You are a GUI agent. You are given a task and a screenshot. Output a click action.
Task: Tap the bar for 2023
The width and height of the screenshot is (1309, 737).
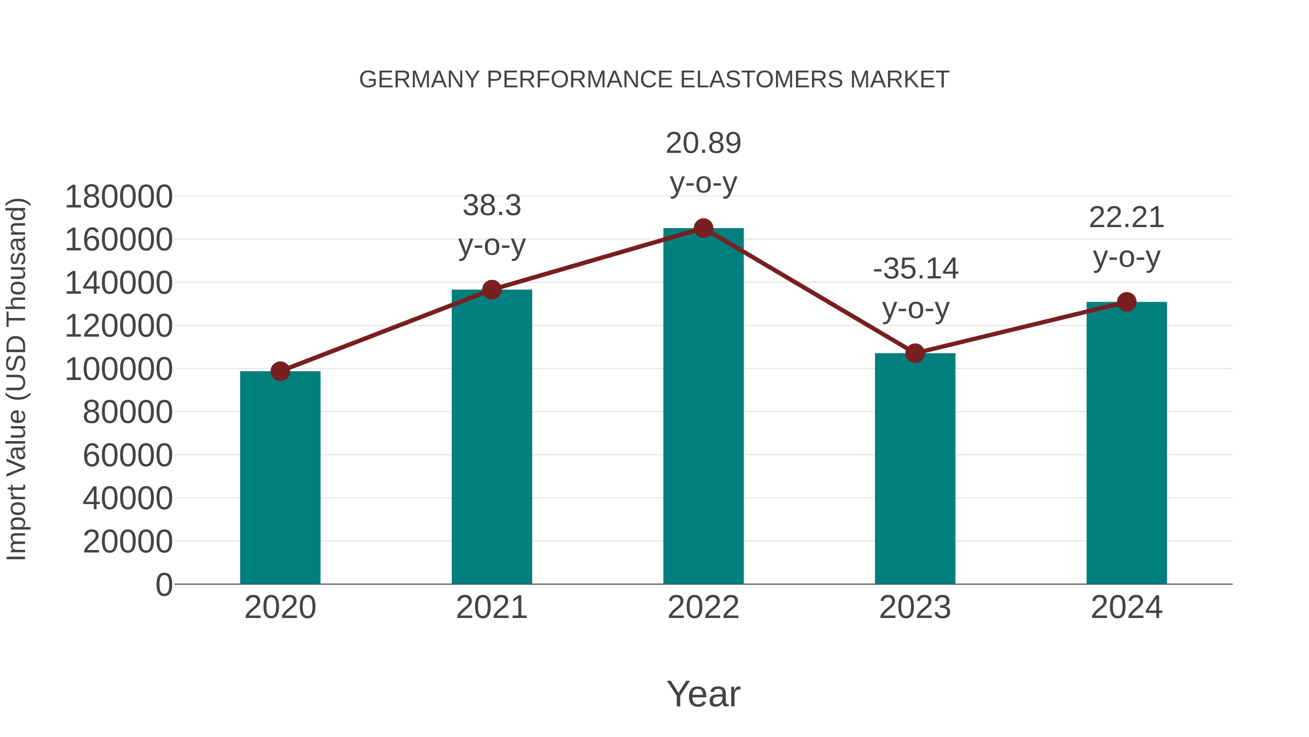point(915,468)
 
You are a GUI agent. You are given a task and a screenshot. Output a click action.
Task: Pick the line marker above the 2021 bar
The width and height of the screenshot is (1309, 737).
point(492,290)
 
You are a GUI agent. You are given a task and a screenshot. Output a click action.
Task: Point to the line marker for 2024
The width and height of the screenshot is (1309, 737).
point(1126,302)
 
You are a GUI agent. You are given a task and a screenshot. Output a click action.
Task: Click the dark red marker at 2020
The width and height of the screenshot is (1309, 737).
point(280,371)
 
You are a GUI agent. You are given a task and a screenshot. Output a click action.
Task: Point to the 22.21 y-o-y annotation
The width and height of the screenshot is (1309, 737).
point(1126,238)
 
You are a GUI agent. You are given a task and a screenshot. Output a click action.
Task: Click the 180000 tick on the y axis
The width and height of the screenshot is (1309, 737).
point(119,197)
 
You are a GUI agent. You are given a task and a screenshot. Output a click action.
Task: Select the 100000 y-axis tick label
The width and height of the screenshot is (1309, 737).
point(119,369)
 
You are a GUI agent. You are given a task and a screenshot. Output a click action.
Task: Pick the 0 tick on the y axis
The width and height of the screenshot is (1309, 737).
point(164,585)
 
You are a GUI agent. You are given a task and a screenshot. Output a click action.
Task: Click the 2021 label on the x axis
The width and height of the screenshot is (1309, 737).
point(492,607)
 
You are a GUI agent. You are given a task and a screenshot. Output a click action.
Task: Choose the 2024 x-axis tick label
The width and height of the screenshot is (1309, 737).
point(1126,607)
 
